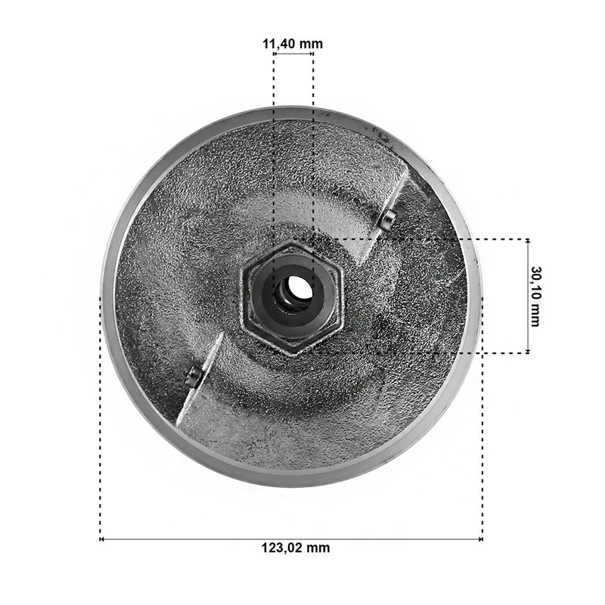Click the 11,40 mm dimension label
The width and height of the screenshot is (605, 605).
click(x=293, y=44)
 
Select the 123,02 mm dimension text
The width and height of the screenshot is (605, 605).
click(x=296, y=548)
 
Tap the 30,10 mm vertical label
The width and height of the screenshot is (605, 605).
click(x=535, y=296)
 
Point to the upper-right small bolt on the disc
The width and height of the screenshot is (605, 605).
click(x=386, y=219)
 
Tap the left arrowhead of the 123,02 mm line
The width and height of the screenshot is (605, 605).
click(x=102, y=539)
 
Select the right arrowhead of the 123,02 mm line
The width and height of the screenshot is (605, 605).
click(x=480, y=539)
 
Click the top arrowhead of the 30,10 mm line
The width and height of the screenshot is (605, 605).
click(x=528, y=241)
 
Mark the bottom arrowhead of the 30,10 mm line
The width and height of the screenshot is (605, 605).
click(x=528, y=350)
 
